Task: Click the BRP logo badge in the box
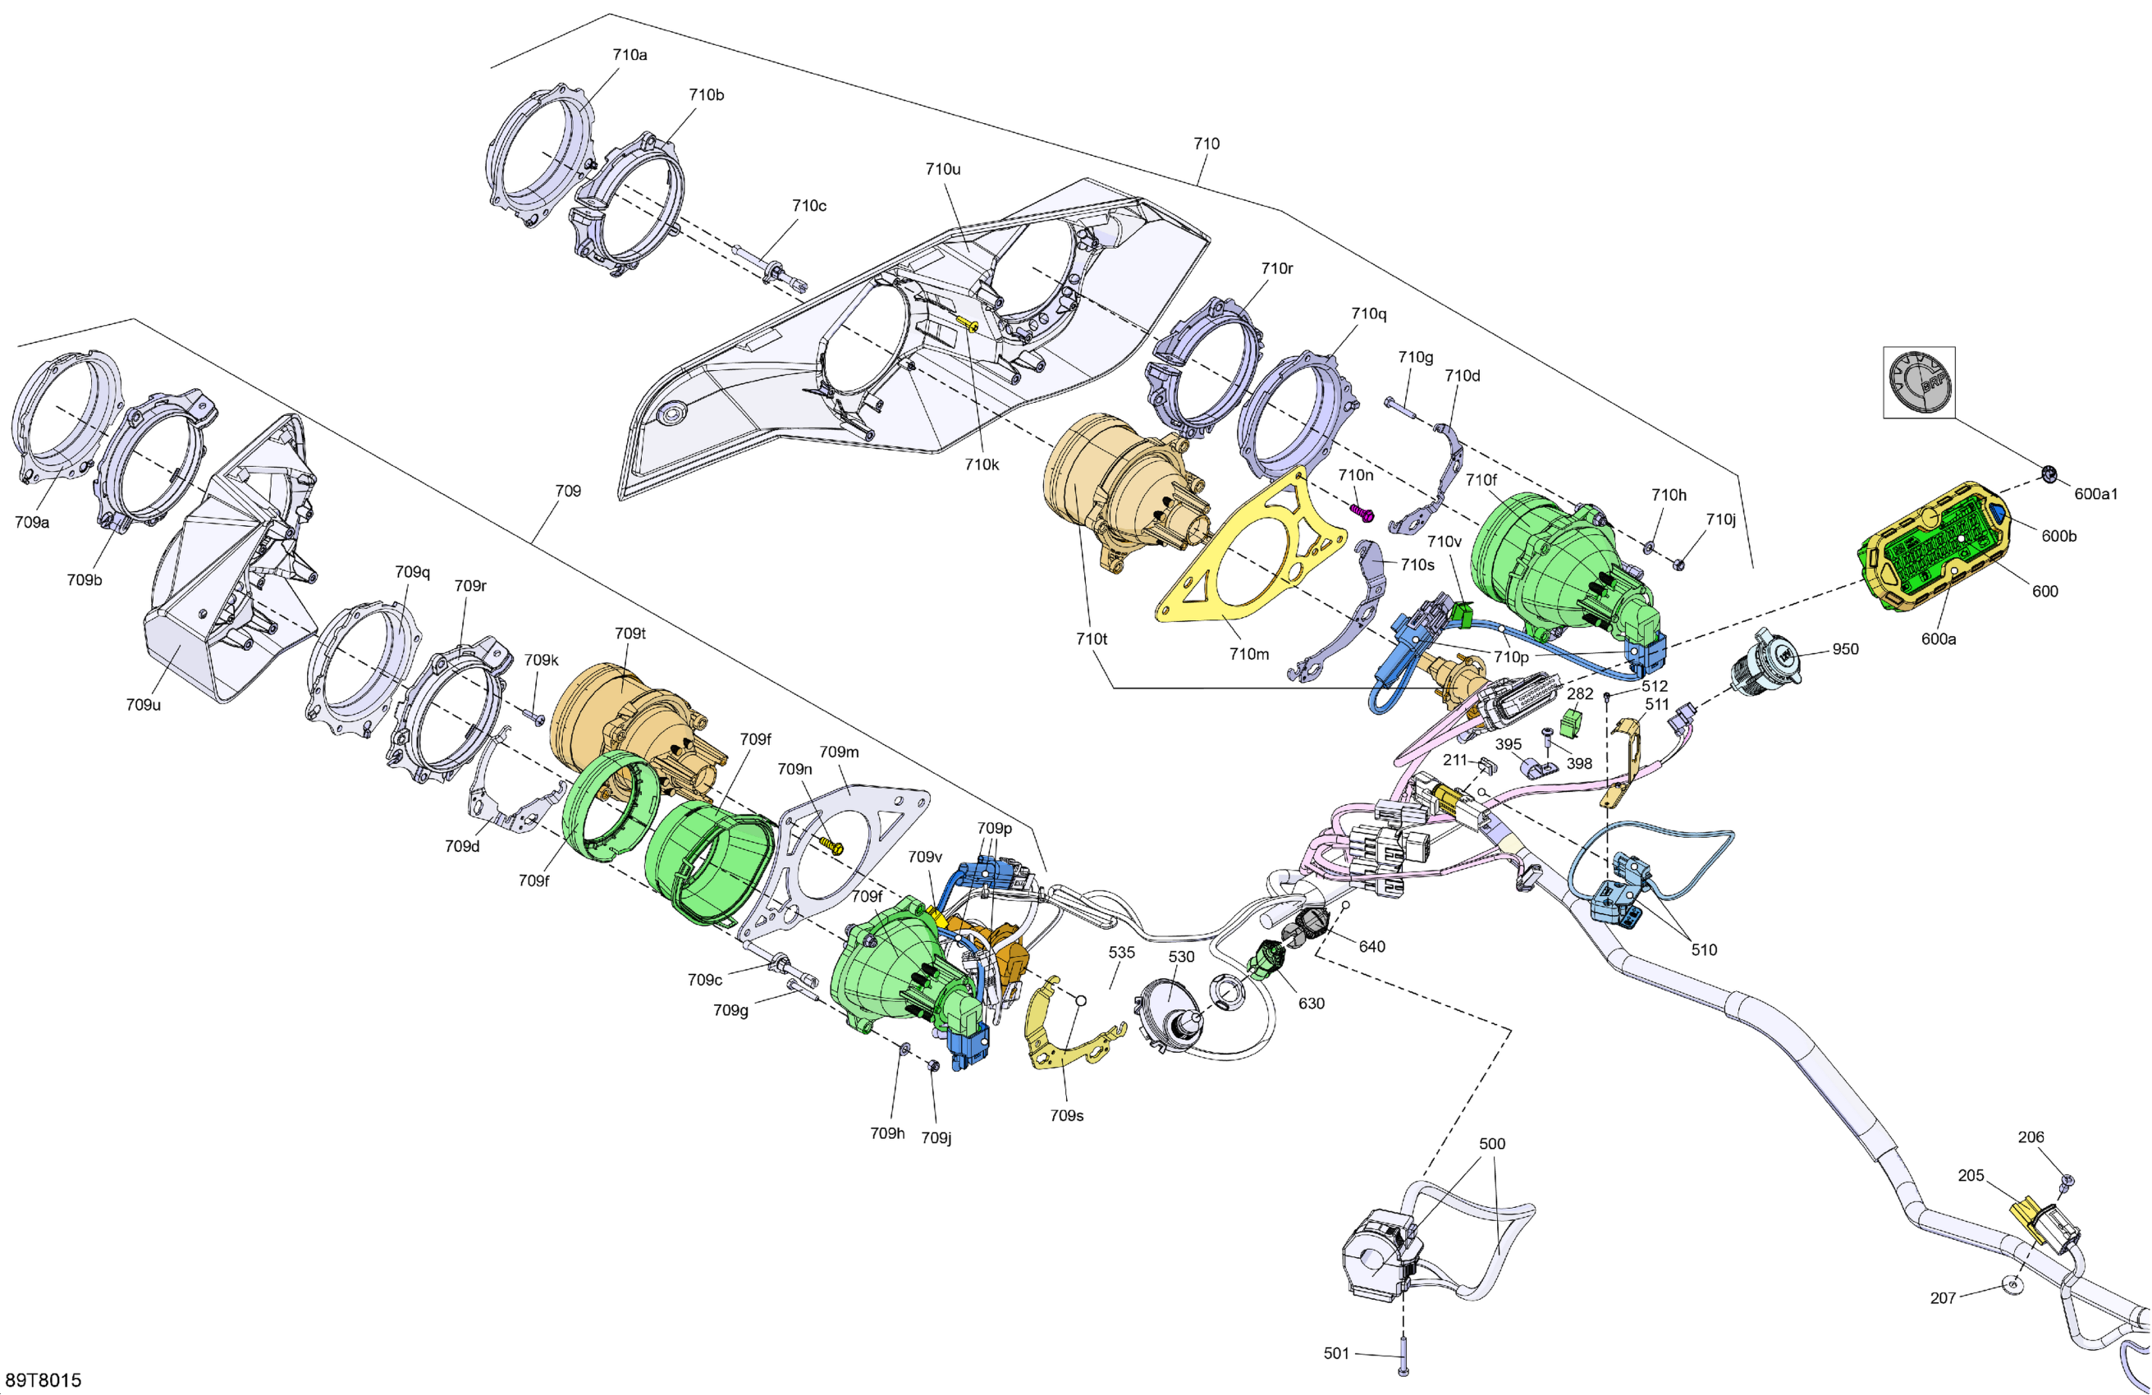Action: [x=1920, y=382]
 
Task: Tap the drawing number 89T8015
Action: [x=43, y=1379]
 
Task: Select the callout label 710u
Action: [x=942, y=169]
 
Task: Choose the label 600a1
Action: [x=2095, y=494]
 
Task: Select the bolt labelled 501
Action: [x=1403, y=1356]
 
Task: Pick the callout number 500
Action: [x=1492, y=1144]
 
